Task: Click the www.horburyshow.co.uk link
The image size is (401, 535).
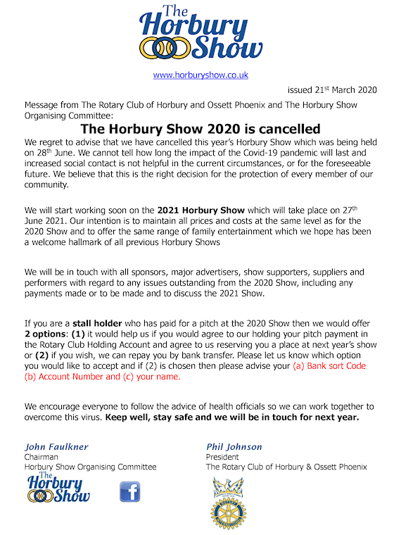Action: tap(200, 75)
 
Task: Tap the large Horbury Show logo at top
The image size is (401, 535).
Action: tap(200, 34)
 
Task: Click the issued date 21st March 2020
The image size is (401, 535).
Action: tap(333, 89)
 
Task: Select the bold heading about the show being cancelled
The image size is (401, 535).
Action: tap(200, 129)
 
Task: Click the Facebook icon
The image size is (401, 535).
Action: tap(130, 491)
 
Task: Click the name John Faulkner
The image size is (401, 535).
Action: tap(56, 446)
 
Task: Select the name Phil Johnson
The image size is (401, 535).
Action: tap(234, 446)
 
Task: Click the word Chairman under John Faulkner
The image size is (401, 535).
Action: tap(41, 456)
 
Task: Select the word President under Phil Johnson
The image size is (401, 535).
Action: tap(222, 456)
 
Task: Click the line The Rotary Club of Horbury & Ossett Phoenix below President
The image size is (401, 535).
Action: tap(286, 467)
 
